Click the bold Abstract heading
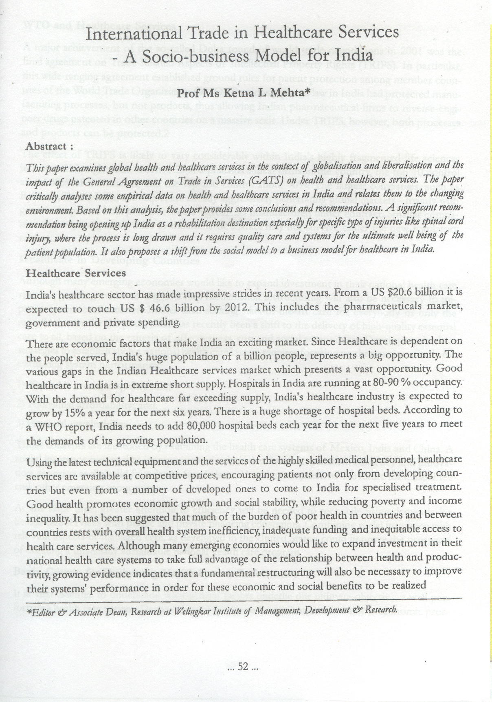click(x=46, y=146)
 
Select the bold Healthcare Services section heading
click(x=76, y=273)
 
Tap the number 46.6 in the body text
click(x=160, y=308)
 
